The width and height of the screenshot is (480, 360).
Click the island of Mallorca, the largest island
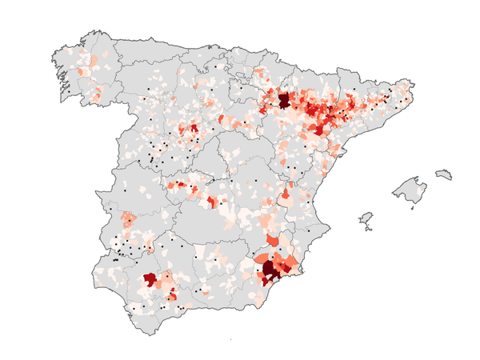pos(409,190)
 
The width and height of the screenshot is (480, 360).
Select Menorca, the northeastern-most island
pos(443,174)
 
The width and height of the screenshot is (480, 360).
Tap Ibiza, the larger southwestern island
pos(366,218)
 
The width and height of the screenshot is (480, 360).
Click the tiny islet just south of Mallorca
pos(412,208)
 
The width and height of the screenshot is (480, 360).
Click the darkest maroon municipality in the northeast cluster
pos(283,102)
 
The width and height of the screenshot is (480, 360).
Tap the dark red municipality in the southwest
pos(150,279)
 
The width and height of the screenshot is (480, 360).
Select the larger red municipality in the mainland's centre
pos(212,202)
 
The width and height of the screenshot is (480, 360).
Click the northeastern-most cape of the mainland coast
pos(410,83)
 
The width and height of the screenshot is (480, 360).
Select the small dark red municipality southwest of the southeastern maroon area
pos(262,280)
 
